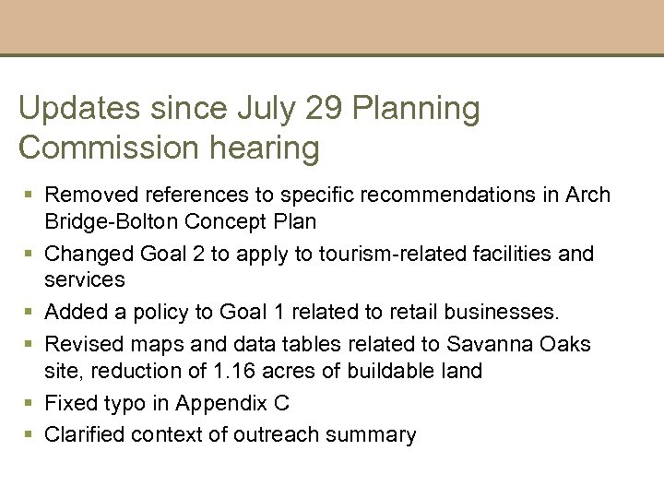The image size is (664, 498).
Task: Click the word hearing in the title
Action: point(274,148)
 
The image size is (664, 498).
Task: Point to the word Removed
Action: point(85,195)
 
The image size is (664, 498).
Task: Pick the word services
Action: point(84,278)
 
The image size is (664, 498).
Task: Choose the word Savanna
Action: point(484,344)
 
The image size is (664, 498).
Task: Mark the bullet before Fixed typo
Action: point(30,403)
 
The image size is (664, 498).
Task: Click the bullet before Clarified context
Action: point(30,433)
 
